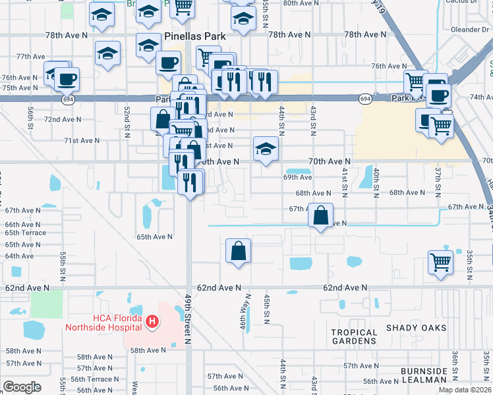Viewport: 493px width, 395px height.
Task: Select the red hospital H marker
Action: (x=152, y=322)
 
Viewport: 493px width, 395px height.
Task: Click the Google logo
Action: (x=22, y=386)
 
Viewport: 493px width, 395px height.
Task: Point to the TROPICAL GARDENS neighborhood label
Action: (x=354, y=337)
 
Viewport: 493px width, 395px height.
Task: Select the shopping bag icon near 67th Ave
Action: (x=320, y=215)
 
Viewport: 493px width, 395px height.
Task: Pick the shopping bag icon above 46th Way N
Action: (x=238, y=251)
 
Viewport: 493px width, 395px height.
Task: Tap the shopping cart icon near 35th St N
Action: (x=440, y=261)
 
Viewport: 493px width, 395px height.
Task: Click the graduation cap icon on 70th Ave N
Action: (x=266, y=149)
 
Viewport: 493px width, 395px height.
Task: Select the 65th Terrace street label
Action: (x=25, y=233)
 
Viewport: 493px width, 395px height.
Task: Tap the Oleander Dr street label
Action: (x=469, y=29)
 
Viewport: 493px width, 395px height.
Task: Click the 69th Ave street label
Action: (x=297, y=177)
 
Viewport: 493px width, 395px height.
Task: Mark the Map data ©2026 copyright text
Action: (x=465, y=390)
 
